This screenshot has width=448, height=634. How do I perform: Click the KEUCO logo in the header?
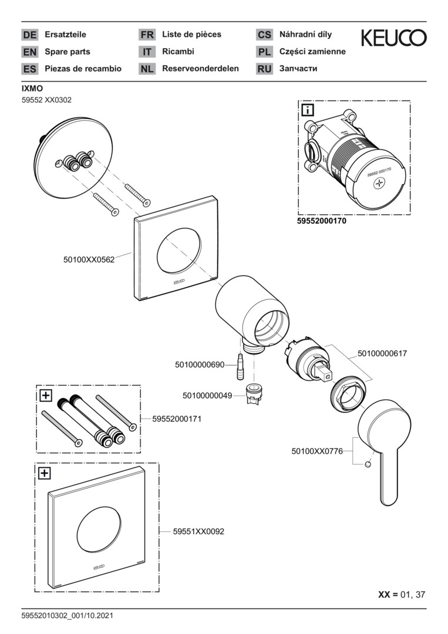393,38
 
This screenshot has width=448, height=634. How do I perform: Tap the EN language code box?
29,52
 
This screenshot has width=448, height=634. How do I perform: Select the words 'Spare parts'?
68,52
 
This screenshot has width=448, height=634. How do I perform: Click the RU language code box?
264,69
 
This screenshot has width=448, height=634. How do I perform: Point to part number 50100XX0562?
89,258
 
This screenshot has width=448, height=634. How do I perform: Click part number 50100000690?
200,365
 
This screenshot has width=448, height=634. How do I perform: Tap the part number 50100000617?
382,353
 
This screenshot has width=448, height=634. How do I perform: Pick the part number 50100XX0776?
317,451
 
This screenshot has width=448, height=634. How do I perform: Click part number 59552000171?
177,419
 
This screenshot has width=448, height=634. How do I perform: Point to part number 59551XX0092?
198,531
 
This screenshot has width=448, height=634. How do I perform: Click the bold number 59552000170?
322,222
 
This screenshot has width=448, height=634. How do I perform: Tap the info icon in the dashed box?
308,110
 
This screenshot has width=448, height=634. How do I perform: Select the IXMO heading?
32,89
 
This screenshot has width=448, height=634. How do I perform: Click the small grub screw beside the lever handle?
368,464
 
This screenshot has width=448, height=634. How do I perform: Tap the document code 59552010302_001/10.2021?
67,616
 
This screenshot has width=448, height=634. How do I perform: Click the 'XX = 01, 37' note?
402,594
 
